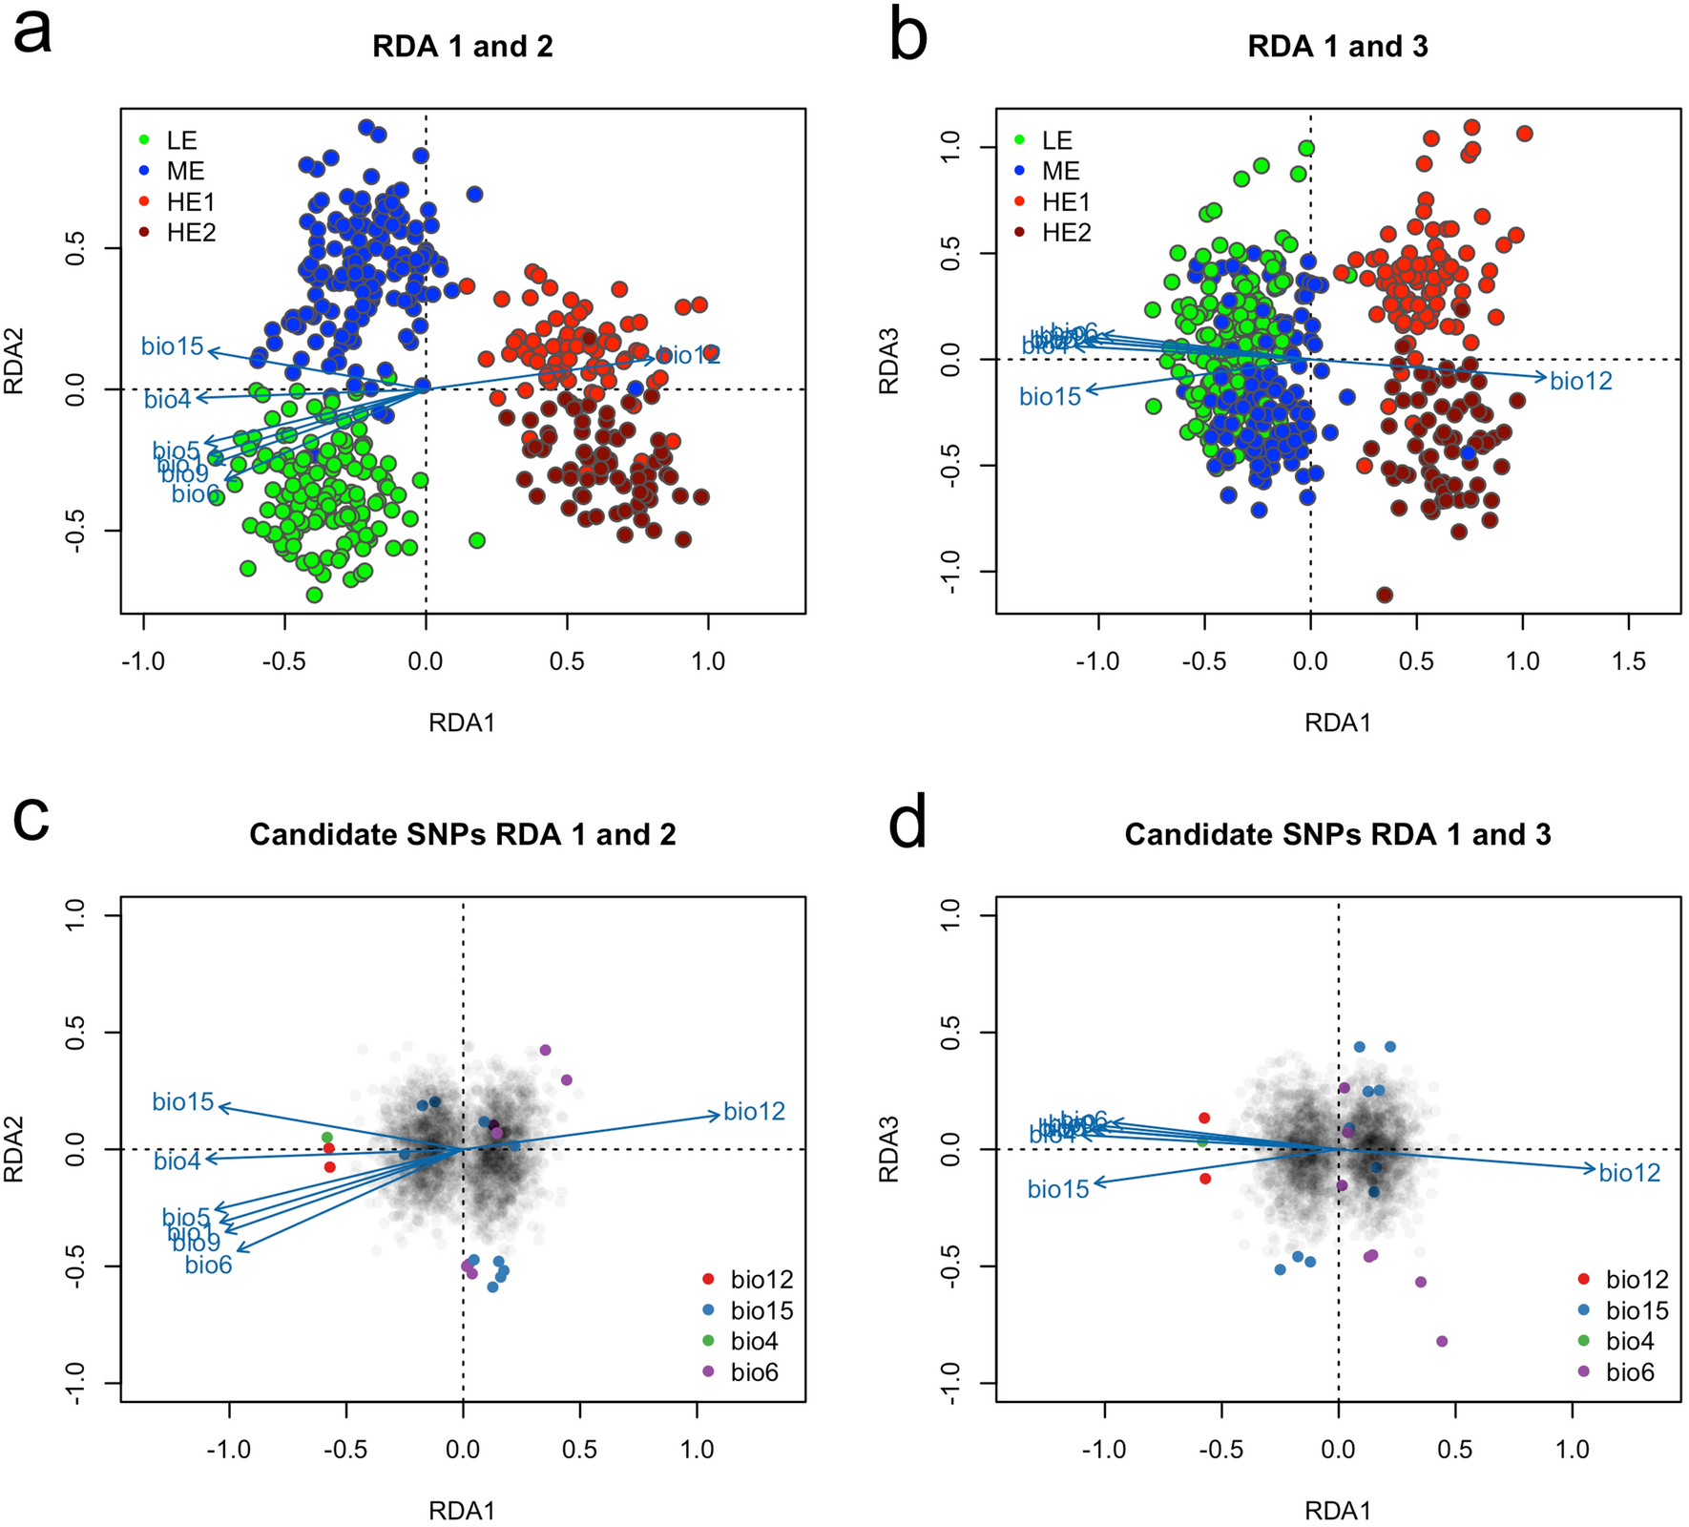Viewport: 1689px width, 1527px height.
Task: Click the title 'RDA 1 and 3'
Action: [x=1337, y=47]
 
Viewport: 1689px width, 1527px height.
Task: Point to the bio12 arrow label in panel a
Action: [x=688, y=356]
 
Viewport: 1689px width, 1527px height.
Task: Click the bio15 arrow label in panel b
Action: [x=1050, y=396]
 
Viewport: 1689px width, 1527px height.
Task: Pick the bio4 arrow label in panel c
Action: [x=177, y=1161]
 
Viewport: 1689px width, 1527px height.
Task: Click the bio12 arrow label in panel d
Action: [x=1630, y=1173]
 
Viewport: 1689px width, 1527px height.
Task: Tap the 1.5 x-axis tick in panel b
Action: [x=1628, y=661]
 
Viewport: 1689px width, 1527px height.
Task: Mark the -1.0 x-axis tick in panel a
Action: [x=143, y=661]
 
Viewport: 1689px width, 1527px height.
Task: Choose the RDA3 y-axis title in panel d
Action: [x=888, y=1150]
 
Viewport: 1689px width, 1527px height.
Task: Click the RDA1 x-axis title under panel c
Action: [x=462, y=1511]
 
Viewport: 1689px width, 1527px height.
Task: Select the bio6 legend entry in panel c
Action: [x=754, y=1372]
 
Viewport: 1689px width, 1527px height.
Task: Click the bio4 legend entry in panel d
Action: [x=1629, y=1341]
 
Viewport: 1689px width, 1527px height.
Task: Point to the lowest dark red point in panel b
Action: [x=1385, y=595]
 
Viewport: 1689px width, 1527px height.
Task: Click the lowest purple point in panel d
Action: [x=1442, y=1341]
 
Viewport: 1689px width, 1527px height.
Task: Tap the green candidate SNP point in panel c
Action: [x=327, y=1138]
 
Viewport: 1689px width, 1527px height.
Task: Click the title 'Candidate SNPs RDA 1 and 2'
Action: [x=462, y=835]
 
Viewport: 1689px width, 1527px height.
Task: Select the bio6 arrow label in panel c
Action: [x=208, y=1266]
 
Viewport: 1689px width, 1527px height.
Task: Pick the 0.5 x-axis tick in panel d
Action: [x=1455, y=1450]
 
